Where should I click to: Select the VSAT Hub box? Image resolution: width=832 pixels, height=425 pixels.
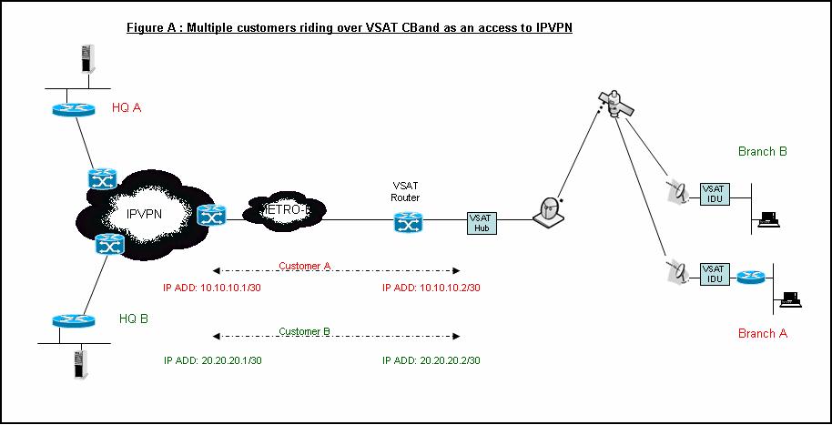481,223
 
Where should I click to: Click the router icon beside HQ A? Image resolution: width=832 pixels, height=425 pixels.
73,108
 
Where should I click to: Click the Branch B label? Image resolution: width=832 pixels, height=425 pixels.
763,151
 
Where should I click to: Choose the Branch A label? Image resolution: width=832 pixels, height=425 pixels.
763,333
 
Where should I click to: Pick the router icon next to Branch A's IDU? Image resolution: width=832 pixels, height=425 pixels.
749,276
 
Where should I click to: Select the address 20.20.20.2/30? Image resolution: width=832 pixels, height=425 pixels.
431,360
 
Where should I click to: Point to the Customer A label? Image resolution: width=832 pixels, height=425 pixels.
304,266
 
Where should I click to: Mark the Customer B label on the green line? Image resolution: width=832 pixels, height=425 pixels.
304,331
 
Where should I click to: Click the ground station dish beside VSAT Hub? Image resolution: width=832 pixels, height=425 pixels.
549,210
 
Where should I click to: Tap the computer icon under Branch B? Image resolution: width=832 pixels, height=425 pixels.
768,218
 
